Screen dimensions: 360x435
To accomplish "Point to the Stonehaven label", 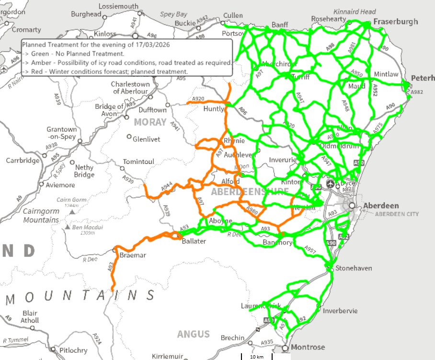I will (x=354, y=268).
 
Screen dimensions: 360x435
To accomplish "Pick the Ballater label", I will (x=194, y=241).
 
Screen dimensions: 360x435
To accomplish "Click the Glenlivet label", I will (x=147, y=139).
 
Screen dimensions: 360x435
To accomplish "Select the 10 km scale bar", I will (x=256, y=357).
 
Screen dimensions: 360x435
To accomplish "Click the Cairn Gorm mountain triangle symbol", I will (x=72, y=211).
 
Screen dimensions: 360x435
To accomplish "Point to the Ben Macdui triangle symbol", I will (x=68, y=227).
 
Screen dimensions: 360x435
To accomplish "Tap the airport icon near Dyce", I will (x=330, y=184).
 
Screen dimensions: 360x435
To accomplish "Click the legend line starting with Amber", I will (x=127, y=62).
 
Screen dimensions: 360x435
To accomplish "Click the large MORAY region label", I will (x=150, y=122).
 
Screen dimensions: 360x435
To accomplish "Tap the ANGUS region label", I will (x=194, y=334).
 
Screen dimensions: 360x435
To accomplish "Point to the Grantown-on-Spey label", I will (x=62, y=133).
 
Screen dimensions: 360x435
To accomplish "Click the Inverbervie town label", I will (x=340, y=311).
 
